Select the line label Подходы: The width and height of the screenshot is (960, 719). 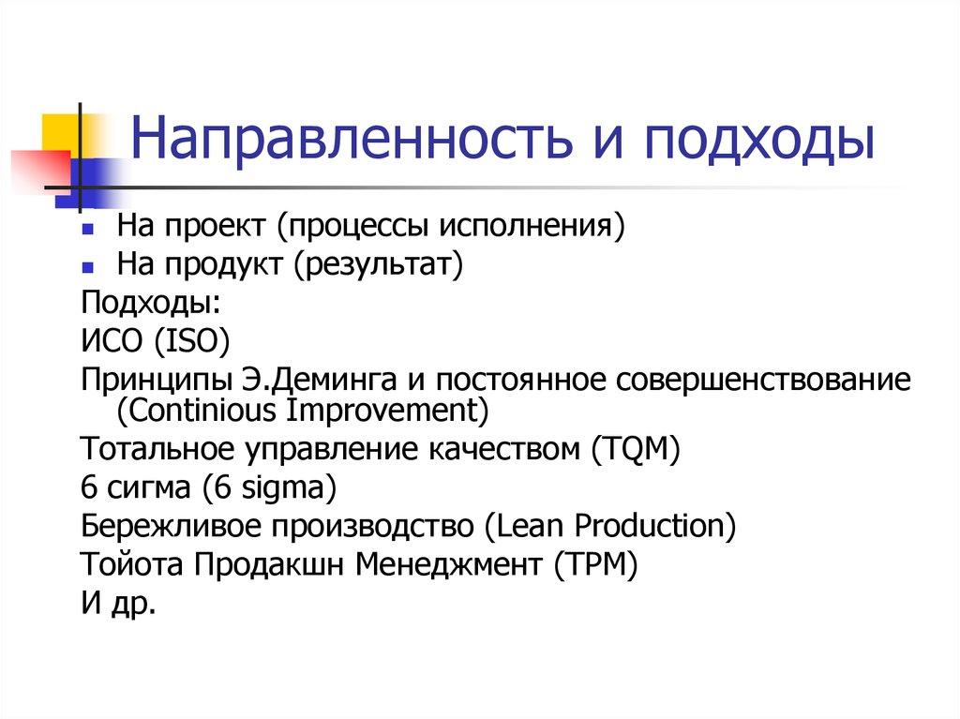point(152,303)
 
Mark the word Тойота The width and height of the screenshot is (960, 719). point(133,563)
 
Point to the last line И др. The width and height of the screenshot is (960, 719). point(118,602)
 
